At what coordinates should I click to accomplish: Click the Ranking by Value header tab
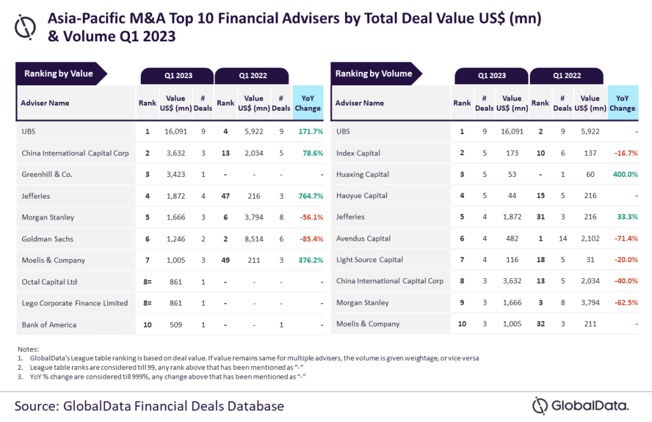coord(59,74)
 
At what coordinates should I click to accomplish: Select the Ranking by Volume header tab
coord(374,74)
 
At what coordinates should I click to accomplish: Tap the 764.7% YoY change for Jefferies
coord(308,195)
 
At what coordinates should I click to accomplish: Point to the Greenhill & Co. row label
coord(48,174)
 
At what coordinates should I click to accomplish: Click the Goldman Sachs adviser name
coord(48,239)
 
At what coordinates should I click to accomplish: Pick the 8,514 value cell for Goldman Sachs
coord(253,239)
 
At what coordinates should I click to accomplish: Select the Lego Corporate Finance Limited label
coord(74,303)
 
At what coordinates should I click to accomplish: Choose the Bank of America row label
coord(49,325)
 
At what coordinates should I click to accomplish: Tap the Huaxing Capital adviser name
coord(362,174)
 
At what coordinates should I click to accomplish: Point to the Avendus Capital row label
coord(363,239)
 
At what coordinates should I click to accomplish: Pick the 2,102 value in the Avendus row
coord(590,239)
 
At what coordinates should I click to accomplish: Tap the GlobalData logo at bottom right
coord(580,405)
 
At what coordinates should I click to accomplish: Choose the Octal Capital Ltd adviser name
coord(50,281)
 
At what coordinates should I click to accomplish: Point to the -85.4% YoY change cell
coord(308,239)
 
